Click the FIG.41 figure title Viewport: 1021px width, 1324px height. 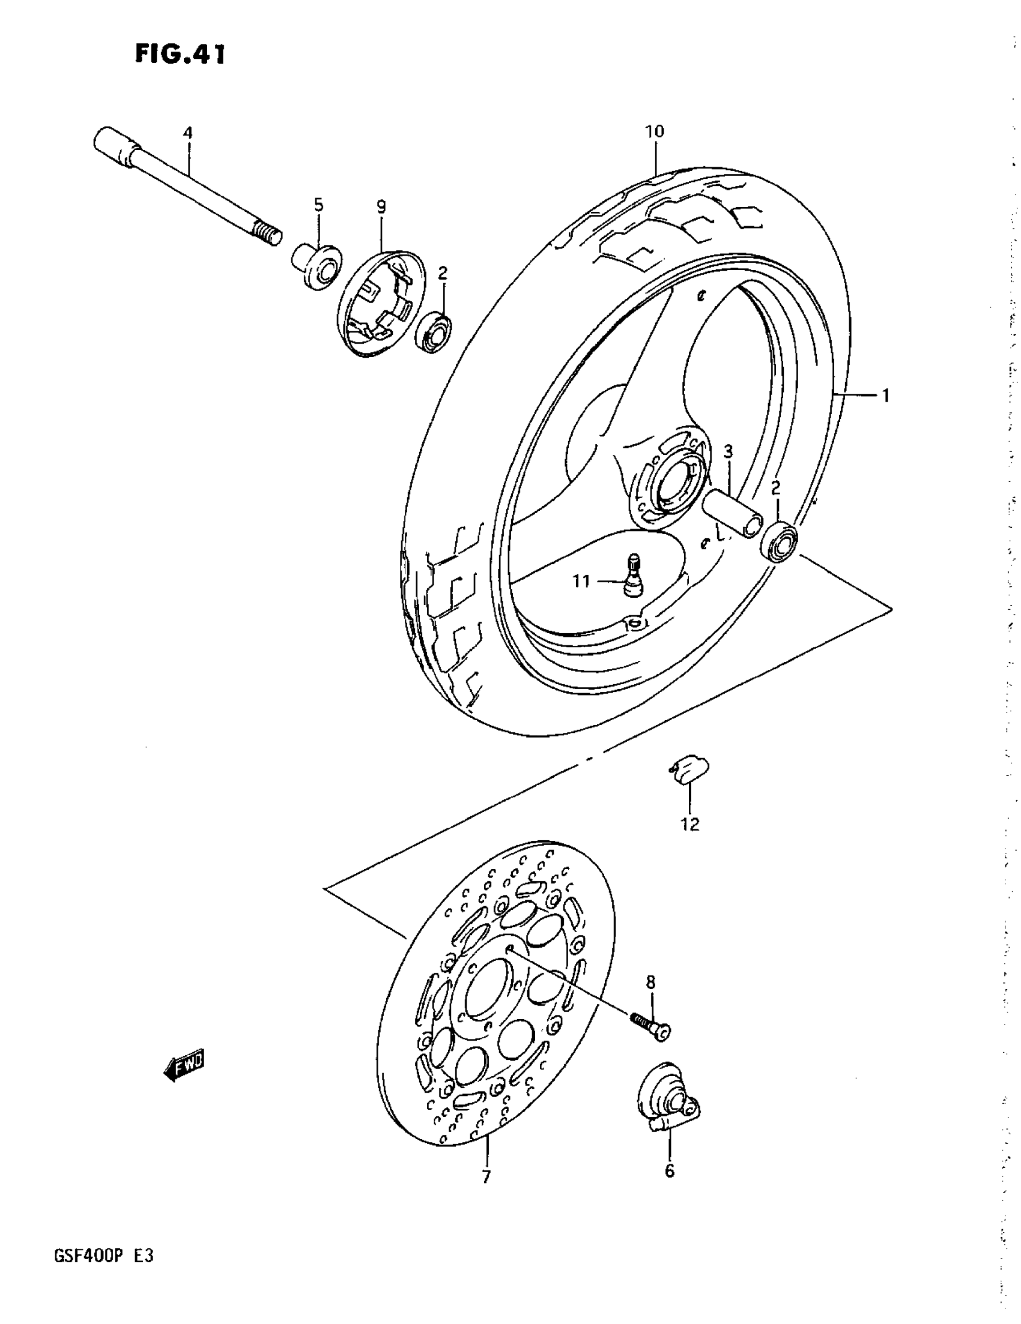[x=180, y=54]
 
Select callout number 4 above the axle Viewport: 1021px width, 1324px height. [x=187, y=132]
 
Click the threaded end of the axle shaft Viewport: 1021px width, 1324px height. [x=267, y=234]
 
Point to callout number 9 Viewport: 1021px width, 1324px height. [x=380, y=207]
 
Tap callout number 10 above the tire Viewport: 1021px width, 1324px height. [x=655, y=131]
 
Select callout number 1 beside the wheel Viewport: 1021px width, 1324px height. [x=885, y=396]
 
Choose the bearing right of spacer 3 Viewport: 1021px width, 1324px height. [x=778, y=541]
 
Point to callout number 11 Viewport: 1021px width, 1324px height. [x=581, y=582]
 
